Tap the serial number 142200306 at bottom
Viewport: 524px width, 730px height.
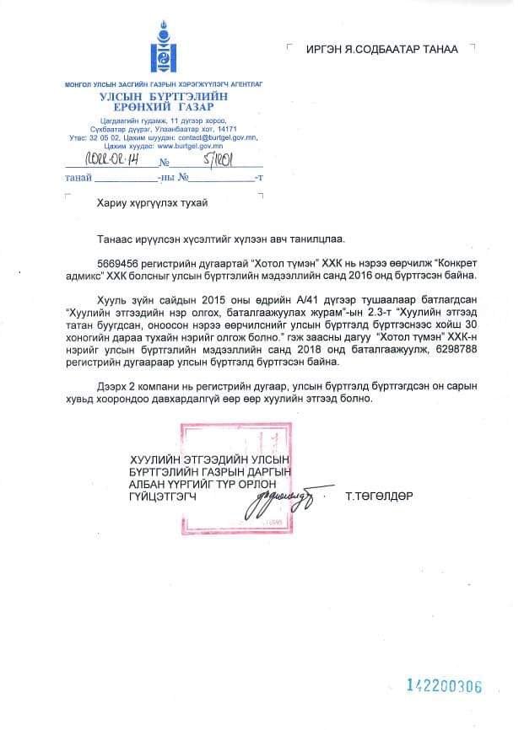pos(444,686)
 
